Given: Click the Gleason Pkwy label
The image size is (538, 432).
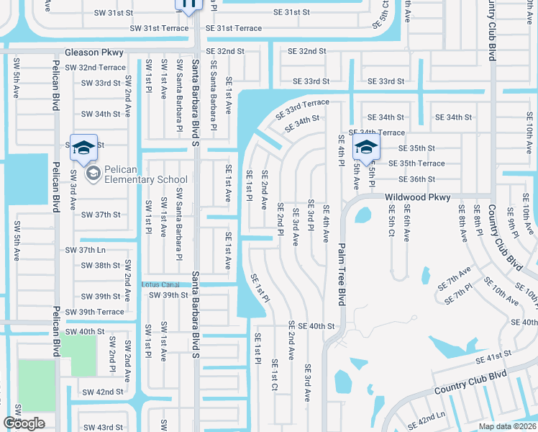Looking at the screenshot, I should coord(94,53).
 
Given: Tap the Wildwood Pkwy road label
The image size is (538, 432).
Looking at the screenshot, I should coord(417,197).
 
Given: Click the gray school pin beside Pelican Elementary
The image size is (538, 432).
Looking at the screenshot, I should coord(93,174).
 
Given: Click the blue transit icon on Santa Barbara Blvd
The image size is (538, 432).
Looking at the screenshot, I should coord(188,4).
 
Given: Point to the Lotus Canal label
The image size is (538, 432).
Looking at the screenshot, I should coord(160,284).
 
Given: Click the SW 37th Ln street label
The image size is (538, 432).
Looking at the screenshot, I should coord(86,250).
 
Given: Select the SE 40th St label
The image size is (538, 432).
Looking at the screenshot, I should coord(311,326).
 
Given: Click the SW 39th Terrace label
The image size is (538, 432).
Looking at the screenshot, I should coord(94,312).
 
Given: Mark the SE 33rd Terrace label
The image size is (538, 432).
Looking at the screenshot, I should coord(301,109).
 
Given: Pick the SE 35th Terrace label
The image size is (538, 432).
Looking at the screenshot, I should coord(421,163).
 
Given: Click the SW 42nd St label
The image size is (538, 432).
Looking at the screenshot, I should coord(102,392).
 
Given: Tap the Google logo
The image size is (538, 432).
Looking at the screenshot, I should coord(24,423).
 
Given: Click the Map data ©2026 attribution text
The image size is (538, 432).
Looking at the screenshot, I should coord(507,426).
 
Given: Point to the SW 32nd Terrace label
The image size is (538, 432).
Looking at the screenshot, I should coord(95,67).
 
